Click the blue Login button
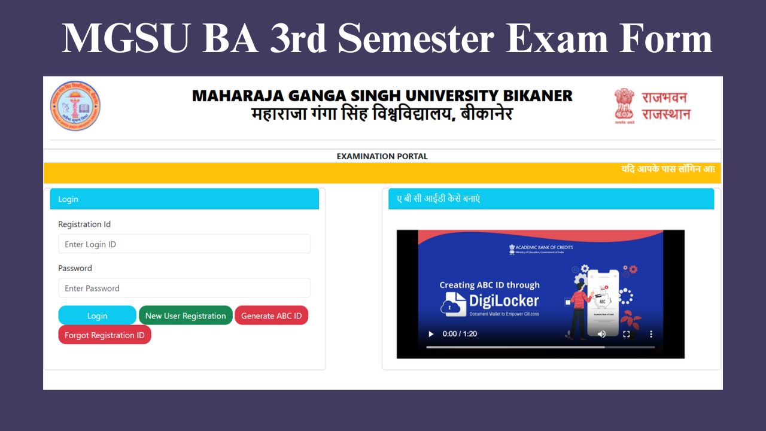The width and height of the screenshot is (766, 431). click(x=97, y=315)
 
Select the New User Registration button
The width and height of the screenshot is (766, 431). click(x=186, y=315)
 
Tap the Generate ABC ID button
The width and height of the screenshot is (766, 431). click(x=271, y=315)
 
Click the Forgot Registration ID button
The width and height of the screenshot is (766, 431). click(x=105, y=335)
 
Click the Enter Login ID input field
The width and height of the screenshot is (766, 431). click(x=184, y=244)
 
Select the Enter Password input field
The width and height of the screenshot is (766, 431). click(x=184, y=288)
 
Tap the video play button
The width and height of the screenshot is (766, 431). click(x=430, y=334)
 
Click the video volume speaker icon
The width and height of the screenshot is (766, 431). click(x=601, y=334)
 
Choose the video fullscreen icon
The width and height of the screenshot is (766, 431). click(x=627, y=334)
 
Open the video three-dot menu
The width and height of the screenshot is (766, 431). click(x=651, y=334)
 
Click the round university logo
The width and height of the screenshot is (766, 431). click(x=75, y=106)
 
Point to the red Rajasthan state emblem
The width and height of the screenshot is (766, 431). click(x=624, y=104)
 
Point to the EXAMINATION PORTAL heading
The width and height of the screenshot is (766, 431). click(x=382, y=156)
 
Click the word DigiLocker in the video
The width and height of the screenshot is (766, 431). click(x=504, y=301)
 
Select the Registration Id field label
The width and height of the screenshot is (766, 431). click(x=84, y=224)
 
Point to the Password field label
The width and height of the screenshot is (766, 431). click(x=75, y=268)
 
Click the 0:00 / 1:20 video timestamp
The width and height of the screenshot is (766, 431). click(x=460, y=334)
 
